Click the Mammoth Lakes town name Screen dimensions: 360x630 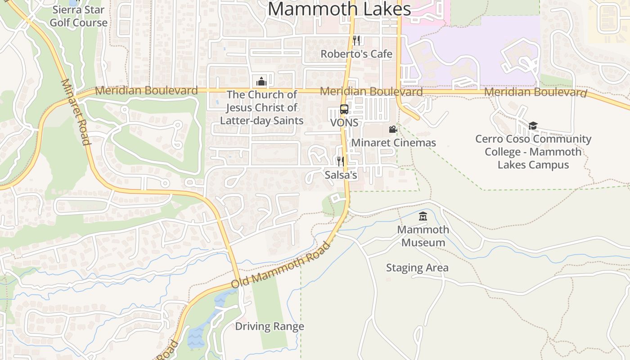339,9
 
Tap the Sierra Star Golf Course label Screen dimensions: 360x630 79,16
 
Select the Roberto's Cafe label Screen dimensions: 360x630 356,54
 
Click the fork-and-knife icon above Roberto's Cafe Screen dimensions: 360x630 356,40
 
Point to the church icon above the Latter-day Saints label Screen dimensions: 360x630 261,81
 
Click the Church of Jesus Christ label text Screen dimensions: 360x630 261,108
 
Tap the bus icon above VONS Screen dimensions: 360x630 344,109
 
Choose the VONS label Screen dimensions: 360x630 344,122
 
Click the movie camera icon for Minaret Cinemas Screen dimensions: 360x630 393,130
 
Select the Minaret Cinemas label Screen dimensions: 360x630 393,143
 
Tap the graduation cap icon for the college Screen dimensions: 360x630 533,126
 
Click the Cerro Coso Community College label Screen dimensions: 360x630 533,152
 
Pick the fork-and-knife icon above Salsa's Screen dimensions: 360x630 341,161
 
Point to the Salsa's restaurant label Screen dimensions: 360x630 341,175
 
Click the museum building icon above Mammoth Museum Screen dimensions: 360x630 423,217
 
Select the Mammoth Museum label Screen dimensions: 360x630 423,236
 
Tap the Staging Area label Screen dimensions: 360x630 417,268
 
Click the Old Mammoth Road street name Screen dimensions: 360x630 281,265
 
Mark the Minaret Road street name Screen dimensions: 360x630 76,112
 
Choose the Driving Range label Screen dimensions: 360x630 270,326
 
